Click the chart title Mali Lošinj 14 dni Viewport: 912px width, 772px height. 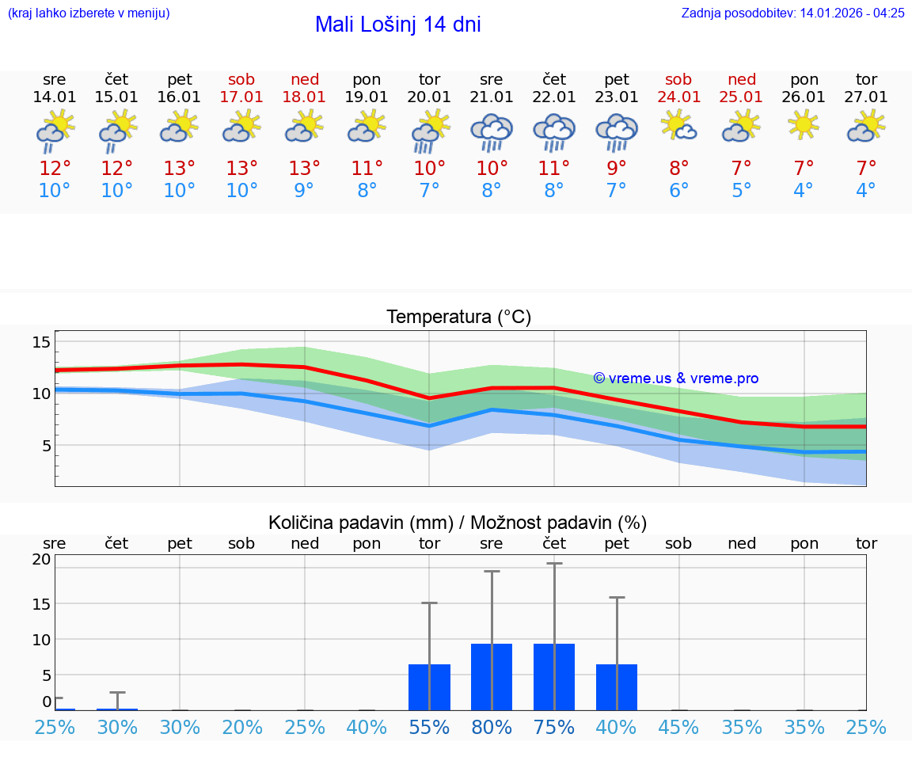[397, 25]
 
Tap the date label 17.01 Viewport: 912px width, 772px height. [241, 97]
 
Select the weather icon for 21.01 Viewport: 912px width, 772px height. [492, 132]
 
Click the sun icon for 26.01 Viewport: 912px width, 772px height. [804, 125]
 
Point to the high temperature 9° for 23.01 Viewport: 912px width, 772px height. [616, 169]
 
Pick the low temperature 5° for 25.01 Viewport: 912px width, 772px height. [741, 191]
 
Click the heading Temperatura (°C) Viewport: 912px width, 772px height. [458, 318]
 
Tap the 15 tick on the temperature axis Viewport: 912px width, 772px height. [41, 342]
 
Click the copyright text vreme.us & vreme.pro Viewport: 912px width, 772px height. [676, 378]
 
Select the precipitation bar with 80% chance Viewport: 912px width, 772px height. [492, 677]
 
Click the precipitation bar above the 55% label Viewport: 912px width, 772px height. [429, 687]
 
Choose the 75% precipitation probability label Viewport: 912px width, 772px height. [553, 728]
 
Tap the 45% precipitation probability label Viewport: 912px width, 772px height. [678, 728]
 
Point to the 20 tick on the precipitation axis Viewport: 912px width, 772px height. [41, 559]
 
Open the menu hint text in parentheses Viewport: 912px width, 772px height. [89, 13]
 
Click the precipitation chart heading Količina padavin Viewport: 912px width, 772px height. [458, 523]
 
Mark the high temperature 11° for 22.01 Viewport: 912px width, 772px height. [553, 169]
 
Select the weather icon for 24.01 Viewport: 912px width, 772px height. [678, 125]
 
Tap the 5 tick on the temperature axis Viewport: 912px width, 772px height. [46, 446]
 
